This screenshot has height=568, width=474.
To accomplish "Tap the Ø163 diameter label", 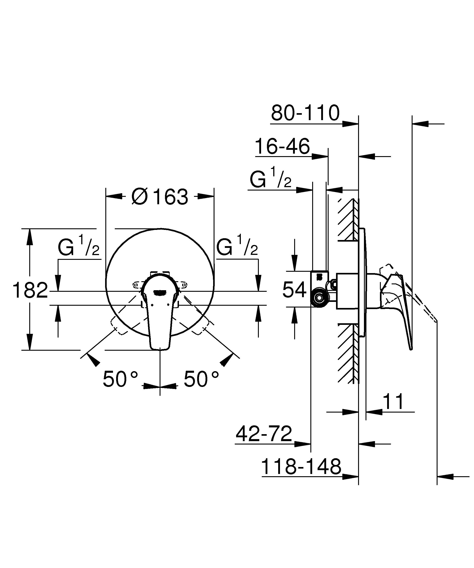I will point(160,197).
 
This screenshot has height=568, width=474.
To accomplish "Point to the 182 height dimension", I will point(30,290).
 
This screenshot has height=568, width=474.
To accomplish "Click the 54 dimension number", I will point(294,290).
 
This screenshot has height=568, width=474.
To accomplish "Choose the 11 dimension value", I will point(393,402).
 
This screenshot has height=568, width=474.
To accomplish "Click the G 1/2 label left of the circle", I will point(79,246).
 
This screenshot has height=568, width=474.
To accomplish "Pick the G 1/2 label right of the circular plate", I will point(237,246).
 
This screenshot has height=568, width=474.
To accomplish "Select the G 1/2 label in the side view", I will point(270,179).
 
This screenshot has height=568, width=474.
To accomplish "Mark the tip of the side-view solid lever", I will point(411,349).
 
